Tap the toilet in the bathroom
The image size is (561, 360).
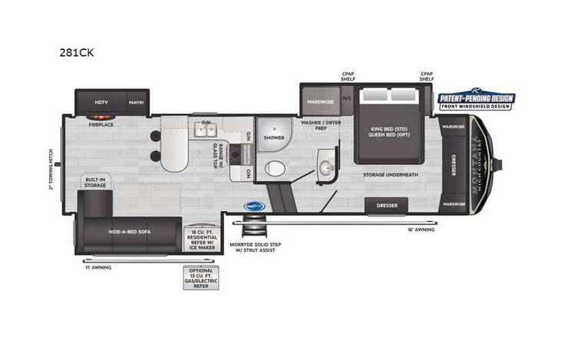[273, 169]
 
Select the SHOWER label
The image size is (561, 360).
[274, 139]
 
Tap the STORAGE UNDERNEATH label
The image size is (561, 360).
[391, 175]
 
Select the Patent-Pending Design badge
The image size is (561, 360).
[476, 100]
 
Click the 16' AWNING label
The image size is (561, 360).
[420, 229]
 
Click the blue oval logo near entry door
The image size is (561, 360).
[254, 206]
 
